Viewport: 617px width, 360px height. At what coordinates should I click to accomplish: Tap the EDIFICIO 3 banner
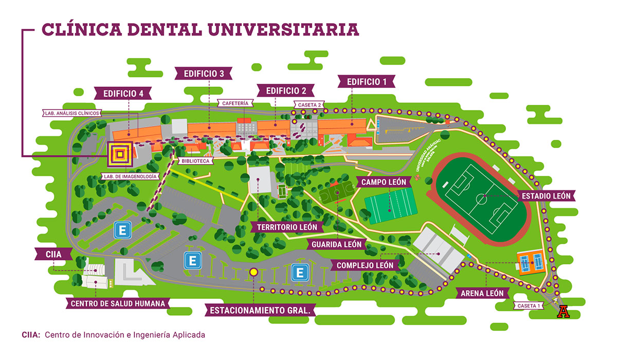coord(203,74)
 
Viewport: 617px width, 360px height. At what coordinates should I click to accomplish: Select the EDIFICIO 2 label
coord(286,91)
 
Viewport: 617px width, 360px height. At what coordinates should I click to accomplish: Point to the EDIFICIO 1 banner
coord(367,82)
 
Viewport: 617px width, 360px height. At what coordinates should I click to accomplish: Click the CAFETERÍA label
coord(235,103)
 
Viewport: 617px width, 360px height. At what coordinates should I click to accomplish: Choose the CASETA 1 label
coord(528,305)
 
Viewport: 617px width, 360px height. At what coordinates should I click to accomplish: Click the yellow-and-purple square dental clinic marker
coord(120,154)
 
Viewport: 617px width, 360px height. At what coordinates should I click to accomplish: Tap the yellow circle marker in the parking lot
coord(253,272)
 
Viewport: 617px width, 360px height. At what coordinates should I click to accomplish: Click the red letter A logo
coord(564,312)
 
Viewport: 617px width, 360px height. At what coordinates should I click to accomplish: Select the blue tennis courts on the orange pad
coord(531,263)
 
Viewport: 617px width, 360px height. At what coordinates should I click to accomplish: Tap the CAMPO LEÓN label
coord(384,182)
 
